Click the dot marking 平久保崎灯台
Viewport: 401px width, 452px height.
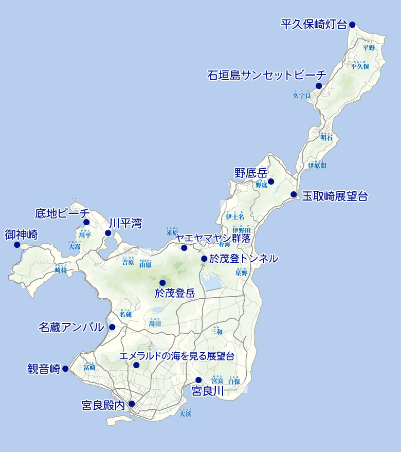[352, 24]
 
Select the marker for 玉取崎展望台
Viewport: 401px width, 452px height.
[294, 194]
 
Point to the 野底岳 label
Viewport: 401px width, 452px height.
[251, 173]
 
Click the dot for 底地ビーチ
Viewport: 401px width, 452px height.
[86, 222]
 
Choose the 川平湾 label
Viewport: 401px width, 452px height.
[125, 223]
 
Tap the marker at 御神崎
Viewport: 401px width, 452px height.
[16, 244]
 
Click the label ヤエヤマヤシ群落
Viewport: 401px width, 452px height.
[213, 238]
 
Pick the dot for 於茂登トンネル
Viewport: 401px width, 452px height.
[204, 259]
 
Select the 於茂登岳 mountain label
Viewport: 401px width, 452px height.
[175, 294]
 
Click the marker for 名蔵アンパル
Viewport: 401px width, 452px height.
[112, 327]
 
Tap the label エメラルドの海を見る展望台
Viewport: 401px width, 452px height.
[177, 356]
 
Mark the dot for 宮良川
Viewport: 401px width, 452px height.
[198, 380]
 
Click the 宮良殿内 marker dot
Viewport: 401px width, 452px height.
[132, 404]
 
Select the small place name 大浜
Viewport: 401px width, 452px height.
[186, 414]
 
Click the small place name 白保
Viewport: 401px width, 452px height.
[234, 382]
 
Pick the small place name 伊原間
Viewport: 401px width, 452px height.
[317, 166]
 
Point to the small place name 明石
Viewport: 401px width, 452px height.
[326, 138]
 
